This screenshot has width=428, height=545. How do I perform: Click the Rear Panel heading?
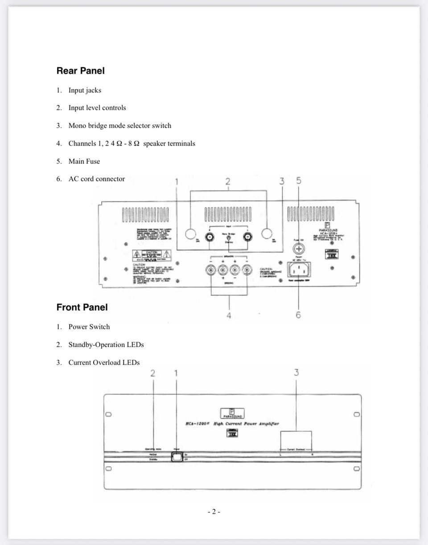pos(80,71)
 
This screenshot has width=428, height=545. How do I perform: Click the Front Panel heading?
pos(82,307)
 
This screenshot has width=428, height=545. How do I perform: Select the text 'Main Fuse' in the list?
pos(84,161)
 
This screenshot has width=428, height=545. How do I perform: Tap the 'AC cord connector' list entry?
pos(96,179)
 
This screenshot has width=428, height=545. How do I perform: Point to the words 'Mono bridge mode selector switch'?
pos(119,126)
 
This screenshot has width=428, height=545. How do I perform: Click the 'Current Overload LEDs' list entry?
pos(104,363)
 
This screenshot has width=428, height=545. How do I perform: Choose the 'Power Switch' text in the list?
pos(89,327)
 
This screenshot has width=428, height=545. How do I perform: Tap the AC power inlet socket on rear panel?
pos(299,269)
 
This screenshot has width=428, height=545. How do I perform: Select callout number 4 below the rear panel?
pos(229,316)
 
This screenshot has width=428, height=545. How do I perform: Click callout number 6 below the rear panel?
pos(298,316)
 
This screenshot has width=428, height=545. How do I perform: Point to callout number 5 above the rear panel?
pos(298,180)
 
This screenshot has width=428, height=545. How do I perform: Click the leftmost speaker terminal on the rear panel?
pos(210,270)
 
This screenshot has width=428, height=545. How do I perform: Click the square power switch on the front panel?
pos(177,457)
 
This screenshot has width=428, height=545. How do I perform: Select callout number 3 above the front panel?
pos(296,373)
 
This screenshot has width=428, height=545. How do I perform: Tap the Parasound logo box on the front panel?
pos(232,413)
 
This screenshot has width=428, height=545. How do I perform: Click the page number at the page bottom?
pos(214,512)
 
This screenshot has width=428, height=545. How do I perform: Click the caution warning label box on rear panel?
pos(146,255)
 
